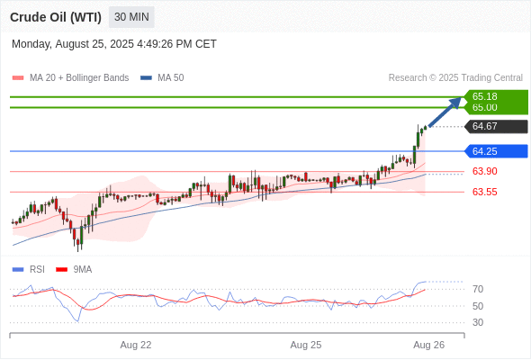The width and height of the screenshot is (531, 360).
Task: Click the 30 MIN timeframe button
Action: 131,17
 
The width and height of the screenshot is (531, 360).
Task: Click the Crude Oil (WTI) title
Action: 56,17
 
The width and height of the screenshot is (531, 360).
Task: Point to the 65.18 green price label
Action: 484,96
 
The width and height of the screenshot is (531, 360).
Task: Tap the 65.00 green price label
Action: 484,107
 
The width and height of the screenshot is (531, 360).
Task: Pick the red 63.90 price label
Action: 484,171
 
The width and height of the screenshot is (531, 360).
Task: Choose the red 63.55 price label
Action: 484,192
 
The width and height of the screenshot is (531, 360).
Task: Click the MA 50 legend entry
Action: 162,78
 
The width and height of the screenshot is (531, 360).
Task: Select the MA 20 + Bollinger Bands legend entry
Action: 70,78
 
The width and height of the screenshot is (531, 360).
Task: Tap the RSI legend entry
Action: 29,270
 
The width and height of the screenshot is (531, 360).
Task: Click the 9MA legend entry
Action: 74,270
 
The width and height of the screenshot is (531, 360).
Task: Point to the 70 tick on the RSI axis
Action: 478,289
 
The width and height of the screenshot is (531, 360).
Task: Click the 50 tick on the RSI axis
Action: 478,306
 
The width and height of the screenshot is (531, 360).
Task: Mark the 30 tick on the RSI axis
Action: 478,322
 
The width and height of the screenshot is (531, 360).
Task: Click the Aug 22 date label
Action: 136,345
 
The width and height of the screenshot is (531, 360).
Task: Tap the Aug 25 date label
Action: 306,345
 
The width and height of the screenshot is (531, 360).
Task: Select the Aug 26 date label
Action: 429,345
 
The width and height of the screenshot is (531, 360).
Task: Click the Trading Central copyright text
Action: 455,78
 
